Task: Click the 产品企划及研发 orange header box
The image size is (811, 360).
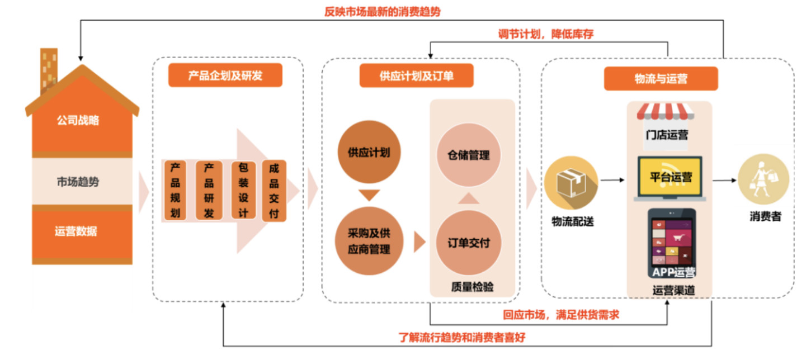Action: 225,75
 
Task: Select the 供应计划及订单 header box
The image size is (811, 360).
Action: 416,75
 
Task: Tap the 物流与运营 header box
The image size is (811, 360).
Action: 661,79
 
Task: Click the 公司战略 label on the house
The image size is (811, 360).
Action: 78,120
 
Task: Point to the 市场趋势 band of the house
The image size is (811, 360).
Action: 78,181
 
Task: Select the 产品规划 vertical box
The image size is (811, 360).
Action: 176,190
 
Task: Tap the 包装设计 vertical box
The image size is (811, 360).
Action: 243,190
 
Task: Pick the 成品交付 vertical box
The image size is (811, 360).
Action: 274,190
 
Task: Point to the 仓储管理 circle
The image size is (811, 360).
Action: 468,155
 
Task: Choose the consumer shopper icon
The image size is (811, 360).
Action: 763,179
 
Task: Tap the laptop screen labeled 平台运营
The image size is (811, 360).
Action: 670,177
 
